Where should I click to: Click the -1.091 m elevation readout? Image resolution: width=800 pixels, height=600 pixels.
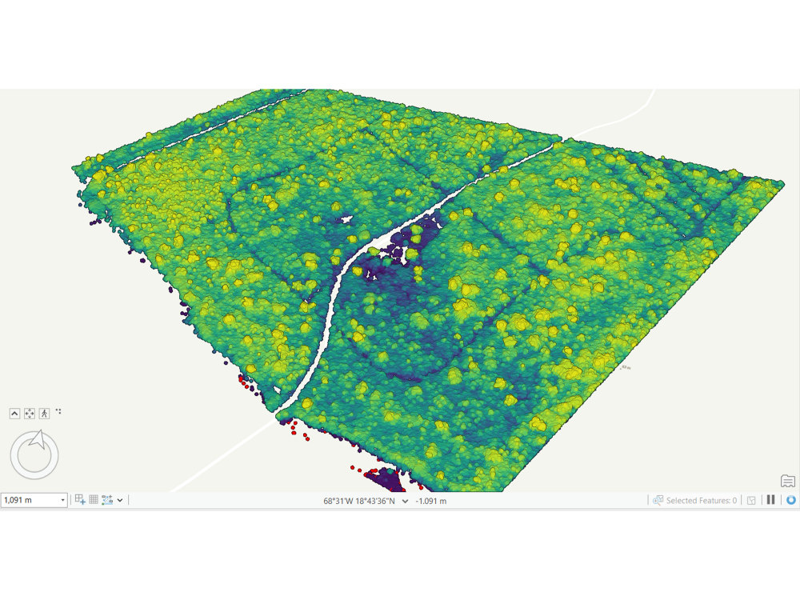pyautogui.click(x=431, y=501)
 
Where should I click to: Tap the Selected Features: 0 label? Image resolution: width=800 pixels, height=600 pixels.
pyautogui.click(x=702, y=501)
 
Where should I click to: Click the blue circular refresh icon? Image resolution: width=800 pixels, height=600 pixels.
pyautogui.click(x=791, y=500)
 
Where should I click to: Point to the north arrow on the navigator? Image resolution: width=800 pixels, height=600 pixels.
pyautogui.click(x=38, y=437)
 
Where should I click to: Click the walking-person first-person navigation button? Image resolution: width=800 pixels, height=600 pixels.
pyautogui.click(x=44, y=413)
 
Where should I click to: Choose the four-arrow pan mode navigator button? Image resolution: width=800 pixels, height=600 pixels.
pyautogui.click(x=30, y=413)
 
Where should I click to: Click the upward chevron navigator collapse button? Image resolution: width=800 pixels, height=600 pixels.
pyautogui.click(x=14, y=413)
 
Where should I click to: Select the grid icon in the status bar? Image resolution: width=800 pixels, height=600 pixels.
pyautogui.click(x=94, y=500)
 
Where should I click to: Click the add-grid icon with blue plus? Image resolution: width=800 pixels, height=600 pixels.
pyautogui.click(x=80, y=500)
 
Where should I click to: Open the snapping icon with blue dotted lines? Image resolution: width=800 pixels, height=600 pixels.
pyautogui.click(x=107, y=500)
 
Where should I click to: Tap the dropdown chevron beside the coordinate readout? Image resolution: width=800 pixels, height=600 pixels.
pyautogui.click(x=405, y=501)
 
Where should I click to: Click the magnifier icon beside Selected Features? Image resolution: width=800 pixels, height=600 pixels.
pyautogui.click(x=658, y=501)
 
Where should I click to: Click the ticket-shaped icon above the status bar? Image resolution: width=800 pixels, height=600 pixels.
pyautogui.click(x=788, y=481)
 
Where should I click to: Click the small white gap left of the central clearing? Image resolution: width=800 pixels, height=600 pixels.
pyautogui.click(x=346, y=219)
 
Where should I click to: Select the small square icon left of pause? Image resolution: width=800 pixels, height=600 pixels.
pyautogui.click(x=751, y=500)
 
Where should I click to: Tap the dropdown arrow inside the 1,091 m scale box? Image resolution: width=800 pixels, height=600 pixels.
pyautogui.click(x=63, y=500)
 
